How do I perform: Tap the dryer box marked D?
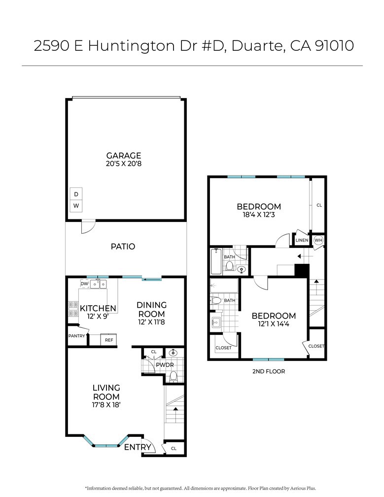76,195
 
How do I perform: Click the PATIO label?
123,247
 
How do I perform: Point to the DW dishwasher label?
84,284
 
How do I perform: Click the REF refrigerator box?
108,340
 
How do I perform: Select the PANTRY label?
76,336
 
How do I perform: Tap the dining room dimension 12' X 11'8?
151,322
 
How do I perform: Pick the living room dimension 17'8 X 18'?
106,406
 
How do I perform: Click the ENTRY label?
138,447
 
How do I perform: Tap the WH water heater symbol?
318,240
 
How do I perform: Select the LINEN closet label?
301,240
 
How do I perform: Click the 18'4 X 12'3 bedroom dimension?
259,215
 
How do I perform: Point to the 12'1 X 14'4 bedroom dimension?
274,324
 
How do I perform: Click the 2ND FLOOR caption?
268,371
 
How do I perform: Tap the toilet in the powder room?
173,376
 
